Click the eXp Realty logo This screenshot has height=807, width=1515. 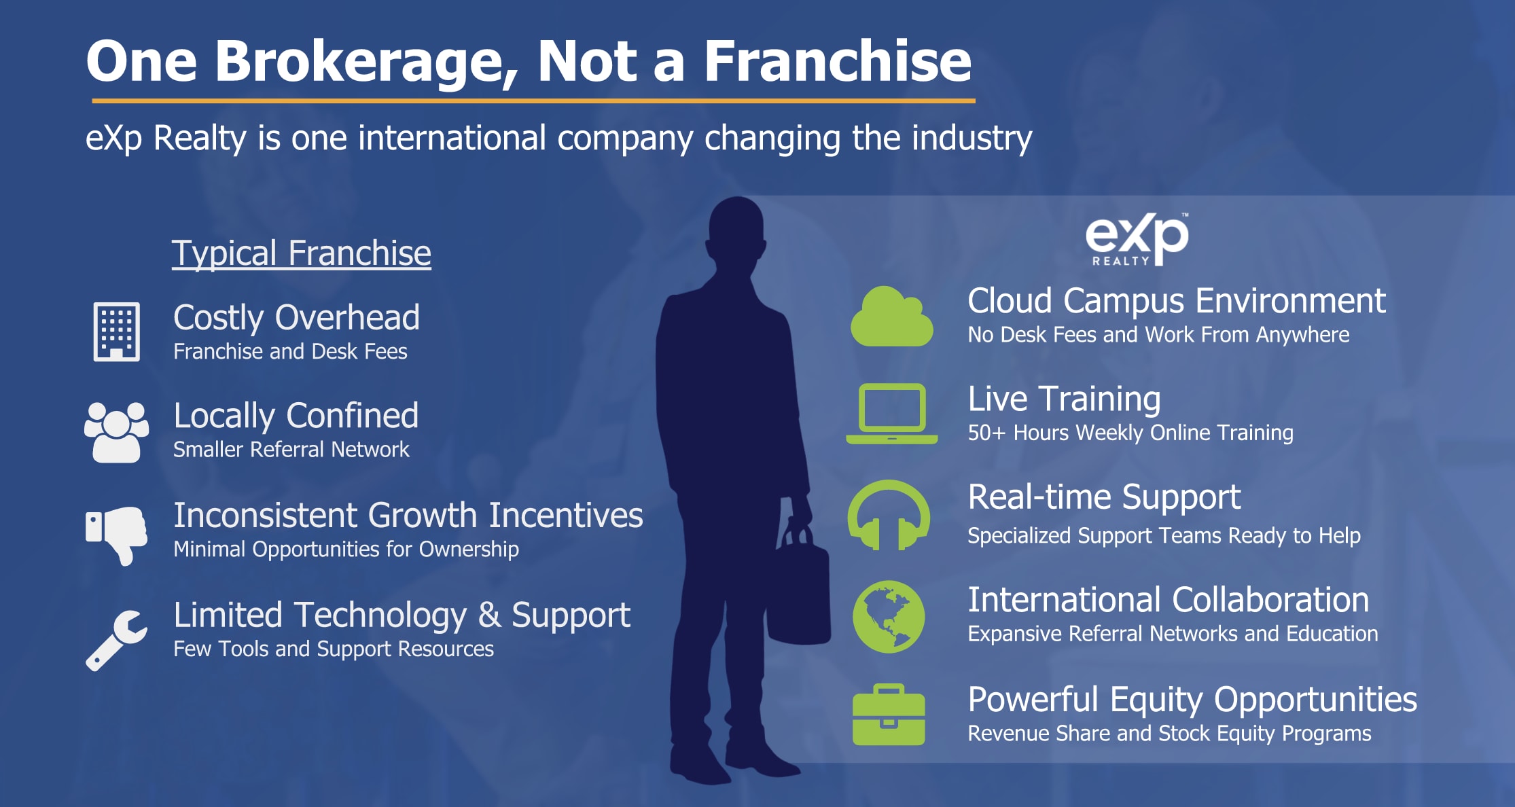[1137, 239]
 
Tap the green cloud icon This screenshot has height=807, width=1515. [892, 317]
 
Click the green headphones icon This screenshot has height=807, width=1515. [889, 515]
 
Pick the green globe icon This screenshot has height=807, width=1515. [889, 617]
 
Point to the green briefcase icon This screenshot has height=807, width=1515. [889, 715]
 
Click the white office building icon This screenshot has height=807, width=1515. [117, 331]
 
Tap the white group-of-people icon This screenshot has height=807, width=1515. [117, 432]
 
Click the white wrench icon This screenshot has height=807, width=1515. [115, 641]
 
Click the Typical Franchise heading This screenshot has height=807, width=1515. [301, 253]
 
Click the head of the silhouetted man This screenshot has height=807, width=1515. [738, 232]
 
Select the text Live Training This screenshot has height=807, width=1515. [1065, 399]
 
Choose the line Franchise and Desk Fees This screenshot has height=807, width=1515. [290, 351]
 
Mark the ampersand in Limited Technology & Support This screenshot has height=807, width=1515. [489, 615]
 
